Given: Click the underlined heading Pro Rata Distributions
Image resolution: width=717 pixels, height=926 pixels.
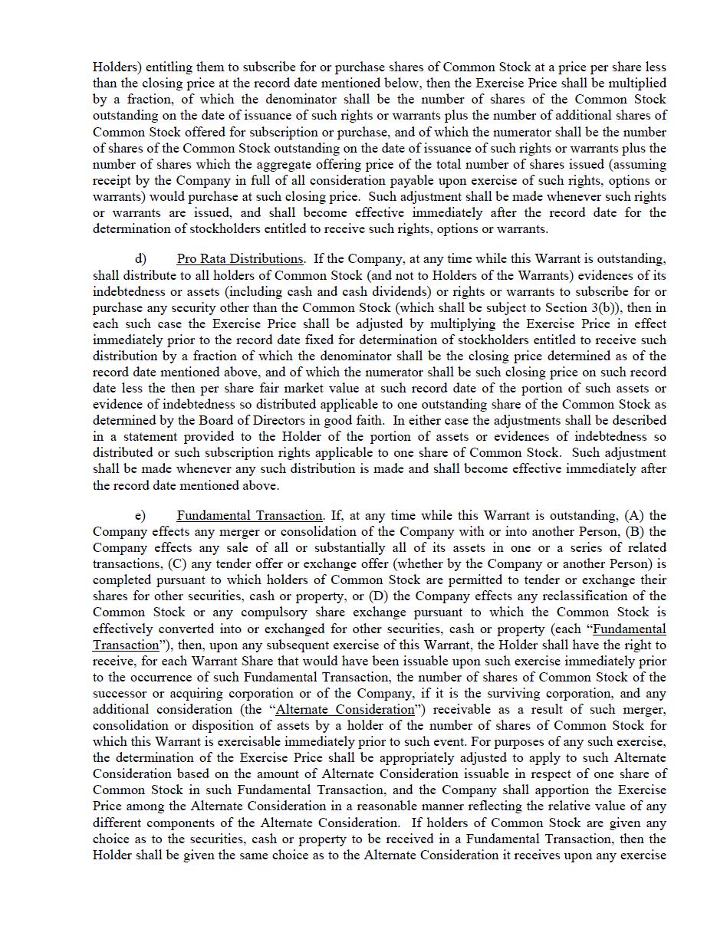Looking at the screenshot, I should pyautogui.click(x=239, y=259).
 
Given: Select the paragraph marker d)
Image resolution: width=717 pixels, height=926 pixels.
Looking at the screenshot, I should pyautogui.click(x=140, y=259).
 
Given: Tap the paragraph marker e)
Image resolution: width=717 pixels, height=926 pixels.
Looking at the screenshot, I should pyautogui.click(x=140, y=516).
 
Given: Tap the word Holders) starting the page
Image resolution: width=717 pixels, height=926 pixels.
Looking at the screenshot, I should pyautogui.click(x=115, y=67).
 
